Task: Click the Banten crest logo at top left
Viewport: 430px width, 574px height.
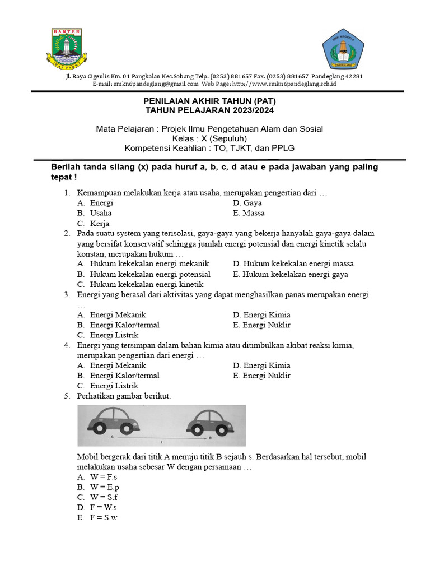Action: [x=66, y=47]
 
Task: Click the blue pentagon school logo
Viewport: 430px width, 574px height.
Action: [x=343, y=48]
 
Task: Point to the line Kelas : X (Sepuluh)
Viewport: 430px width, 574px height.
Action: [x=209, y=138]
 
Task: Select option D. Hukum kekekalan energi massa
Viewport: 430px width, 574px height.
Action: [x=293, y=263]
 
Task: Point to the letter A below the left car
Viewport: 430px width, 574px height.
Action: [x=113, y=436]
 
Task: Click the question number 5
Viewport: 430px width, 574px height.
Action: [x=67, y=396]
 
